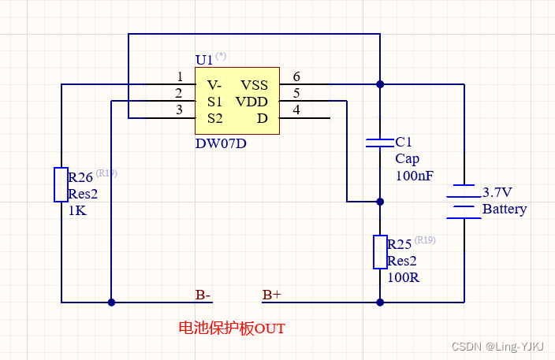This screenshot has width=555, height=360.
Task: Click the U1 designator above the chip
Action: point(204,60)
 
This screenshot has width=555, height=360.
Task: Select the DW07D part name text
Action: point(221,144)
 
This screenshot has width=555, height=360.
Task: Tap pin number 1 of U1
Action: point(180,76)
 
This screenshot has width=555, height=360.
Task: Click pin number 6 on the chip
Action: point(296,76)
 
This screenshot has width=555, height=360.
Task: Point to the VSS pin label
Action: point(254,85)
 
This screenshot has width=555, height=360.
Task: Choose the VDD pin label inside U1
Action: point(251,102)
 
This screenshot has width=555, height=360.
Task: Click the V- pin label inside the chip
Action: point(214,85)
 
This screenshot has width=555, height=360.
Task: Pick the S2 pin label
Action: point(214,118)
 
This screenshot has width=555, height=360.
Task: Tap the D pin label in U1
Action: point(263,118)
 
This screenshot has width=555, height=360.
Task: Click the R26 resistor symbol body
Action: point(61,184)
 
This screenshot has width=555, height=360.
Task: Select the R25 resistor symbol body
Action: point(380,252)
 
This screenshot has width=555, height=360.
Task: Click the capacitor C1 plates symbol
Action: point(380,143)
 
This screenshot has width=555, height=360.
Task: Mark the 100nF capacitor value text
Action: point(415,176)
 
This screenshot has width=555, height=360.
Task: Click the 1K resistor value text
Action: point(76,211)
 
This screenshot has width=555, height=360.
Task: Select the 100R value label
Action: point(404,277)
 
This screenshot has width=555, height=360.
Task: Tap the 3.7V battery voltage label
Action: point(497,192)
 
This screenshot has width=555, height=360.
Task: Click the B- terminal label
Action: point(203,295)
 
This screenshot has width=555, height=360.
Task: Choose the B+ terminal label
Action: point(272,295)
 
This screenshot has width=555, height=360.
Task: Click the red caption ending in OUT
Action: point(232,328)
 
